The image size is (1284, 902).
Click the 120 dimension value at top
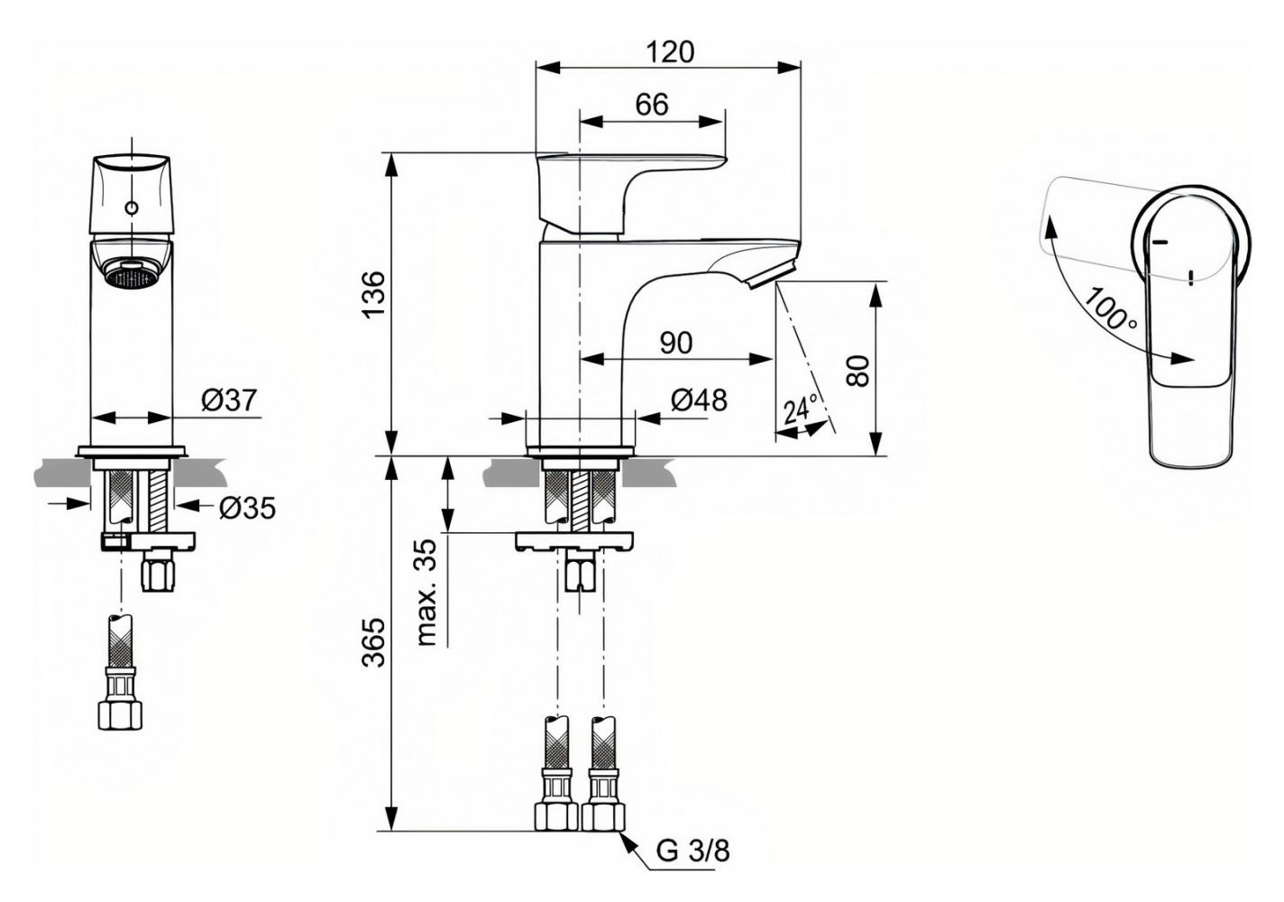tap(671, 51)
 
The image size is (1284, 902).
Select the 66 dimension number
tap(651, 105)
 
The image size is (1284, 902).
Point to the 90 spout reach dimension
tap(675, 343)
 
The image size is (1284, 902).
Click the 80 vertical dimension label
tap(859, 370)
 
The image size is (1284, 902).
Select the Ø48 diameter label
tap(700, 400)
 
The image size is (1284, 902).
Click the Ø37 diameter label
tap(229, 400)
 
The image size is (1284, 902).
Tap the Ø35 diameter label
tap(247, 509)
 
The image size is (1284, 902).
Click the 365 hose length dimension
tap(371, 642)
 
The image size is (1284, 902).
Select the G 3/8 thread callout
tap(692, 850)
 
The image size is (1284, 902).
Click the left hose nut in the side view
tap(555, 816)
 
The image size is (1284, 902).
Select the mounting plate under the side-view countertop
tap(574, 541)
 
